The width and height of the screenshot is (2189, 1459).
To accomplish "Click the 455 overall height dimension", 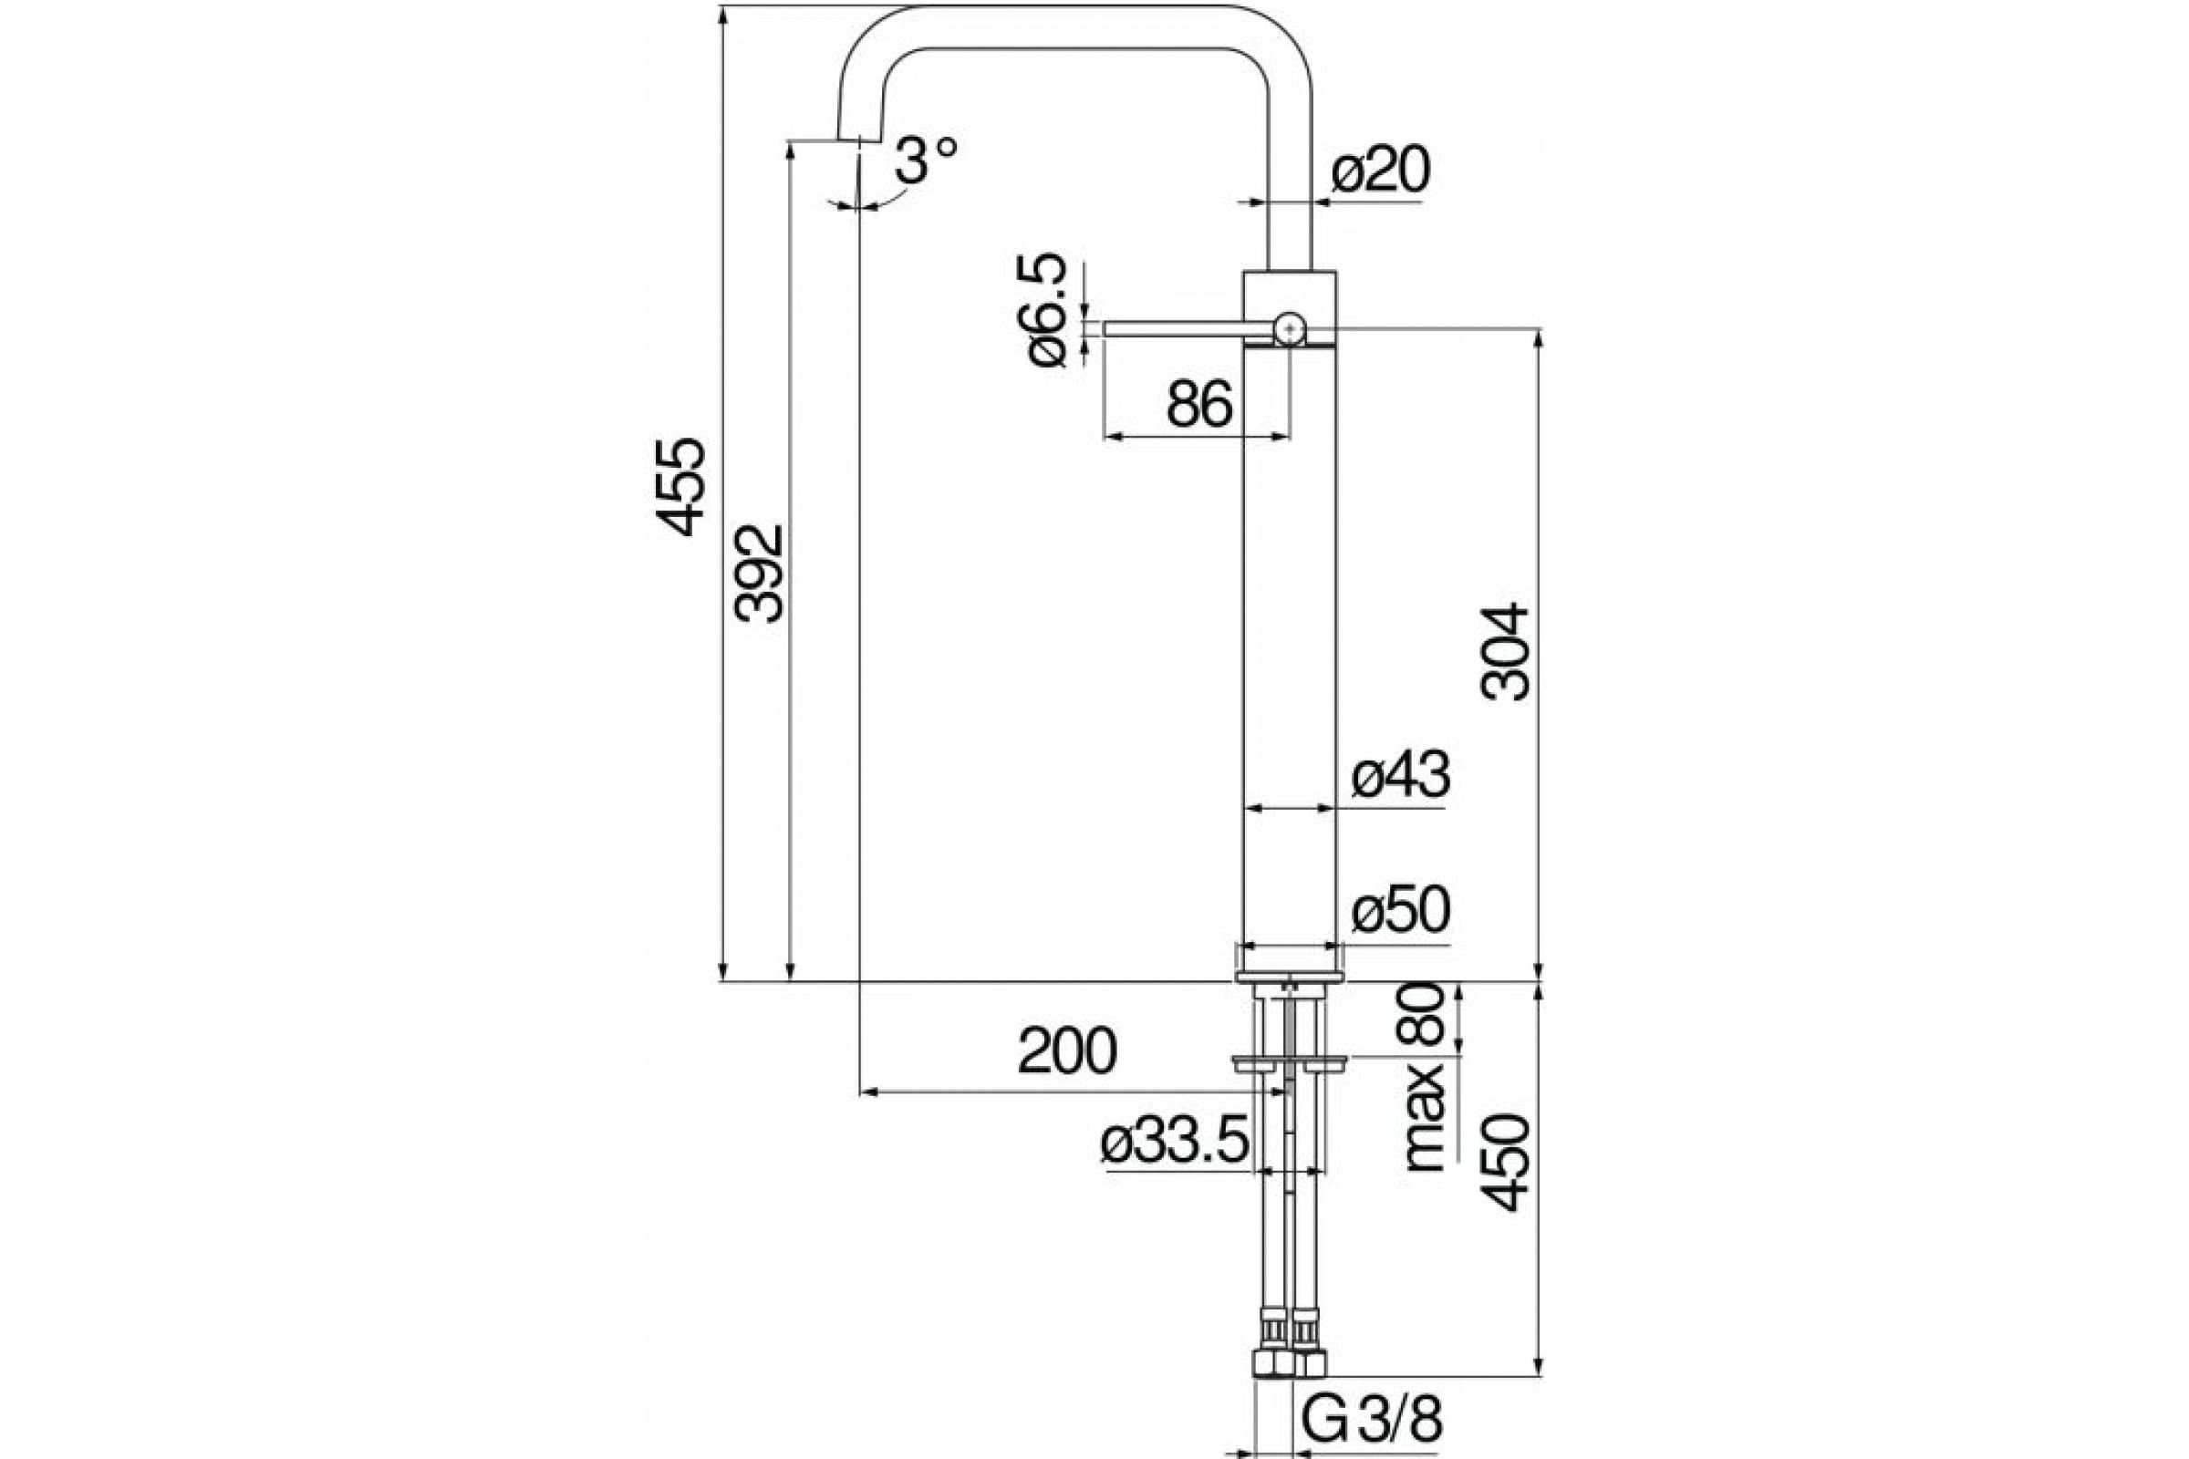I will point(681,487).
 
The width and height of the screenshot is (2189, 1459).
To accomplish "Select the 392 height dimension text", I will point(759,574).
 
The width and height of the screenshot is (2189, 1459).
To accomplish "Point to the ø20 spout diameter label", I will point(1380,171).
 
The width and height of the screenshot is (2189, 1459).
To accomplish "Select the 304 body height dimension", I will point(1505,651).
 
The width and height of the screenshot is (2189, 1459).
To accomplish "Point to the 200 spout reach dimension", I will point(1066,1051).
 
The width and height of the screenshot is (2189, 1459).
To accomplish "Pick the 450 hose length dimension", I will point(1505,1162).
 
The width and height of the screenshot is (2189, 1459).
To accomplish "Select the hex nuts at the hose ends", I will point(1289,1364).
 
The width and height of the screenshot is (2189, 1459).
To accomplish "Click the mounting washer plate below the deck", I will point(1289,1062).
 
